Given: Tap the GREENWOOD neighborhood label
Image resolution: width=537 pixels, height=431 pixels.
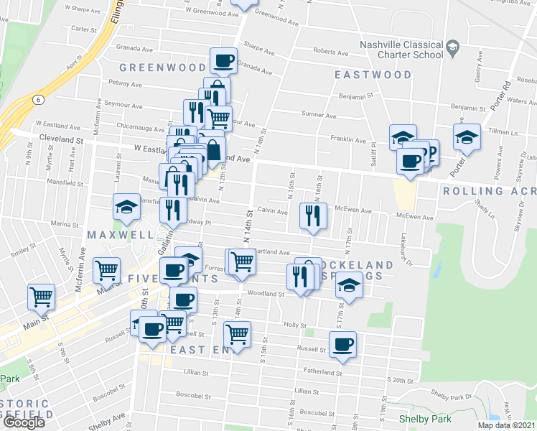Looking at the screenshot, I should (163, 68).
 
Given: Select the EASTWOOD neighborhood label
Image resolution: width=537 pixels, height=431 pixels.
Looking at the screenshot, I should (373, 75).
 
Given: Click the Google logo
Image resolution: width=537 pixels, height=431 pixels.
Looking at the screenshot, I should (24, 422).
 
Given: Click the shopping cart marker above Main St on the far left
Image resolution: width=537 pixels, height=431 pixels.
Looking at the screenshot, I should (41, 296).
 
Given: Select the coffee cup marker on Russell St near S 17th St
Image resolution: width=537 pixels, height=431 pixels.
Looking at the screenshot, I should (342, 344).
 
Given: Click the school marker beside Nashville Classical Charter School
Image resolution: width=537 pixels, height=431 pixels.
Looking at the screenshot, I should (452, 48).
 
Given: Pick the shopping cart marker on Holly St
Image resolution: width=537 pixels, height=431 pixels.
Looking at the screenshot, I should (237, 333).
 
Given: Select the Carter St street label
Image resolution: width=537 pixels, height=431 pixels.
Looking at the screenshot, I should (83, 29).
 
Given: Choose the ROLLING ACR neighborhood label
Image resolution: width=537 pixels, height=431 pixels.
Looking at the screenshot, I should (489, 191).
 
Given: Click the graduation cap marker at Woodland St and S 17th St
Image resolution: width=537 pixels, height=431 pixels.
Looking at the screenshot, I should (348, 286).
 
